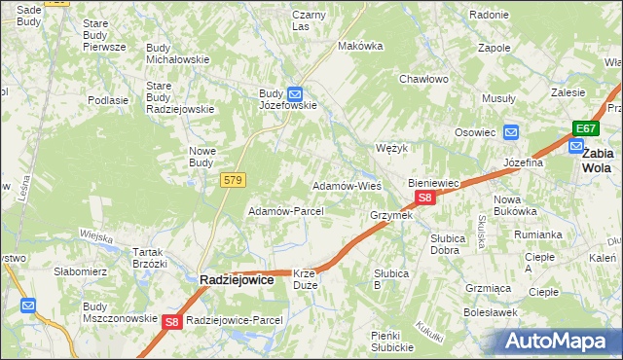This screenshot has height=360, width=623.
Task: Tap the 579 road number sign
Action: pyautogui.click(x=233, y=180)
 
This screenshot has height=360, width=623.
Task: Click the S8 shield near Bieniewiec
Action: pyautogui.click(x=424, y=198)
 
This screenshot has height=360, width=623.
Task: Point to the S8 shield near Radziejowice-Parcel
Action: pyautogui.click(x=172, y=321)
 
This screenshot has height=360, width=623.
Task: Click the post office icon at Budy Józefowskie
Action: pyautogui.click(x=280, y=92)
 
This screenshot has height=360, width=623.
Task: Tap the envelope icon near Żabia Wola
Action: pyautogui.click(x=574, y=148)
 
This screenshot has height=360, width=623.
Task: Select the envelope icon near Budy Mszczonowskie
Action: pyautogui.click(x=28, y=306)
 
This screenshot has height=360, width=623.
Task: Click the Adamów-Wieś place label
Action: pyautogui.click(x=346, y=185)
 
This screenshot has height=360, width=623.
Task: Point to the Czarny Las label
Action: pyautogui.click(x=308, y=20)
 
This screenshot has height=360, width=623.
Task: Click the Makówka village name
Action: pyautogui.click(x=355, y=46)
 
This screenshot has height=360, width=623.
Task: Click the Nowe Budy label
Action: pyautogui.click(x=202, y=157)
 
